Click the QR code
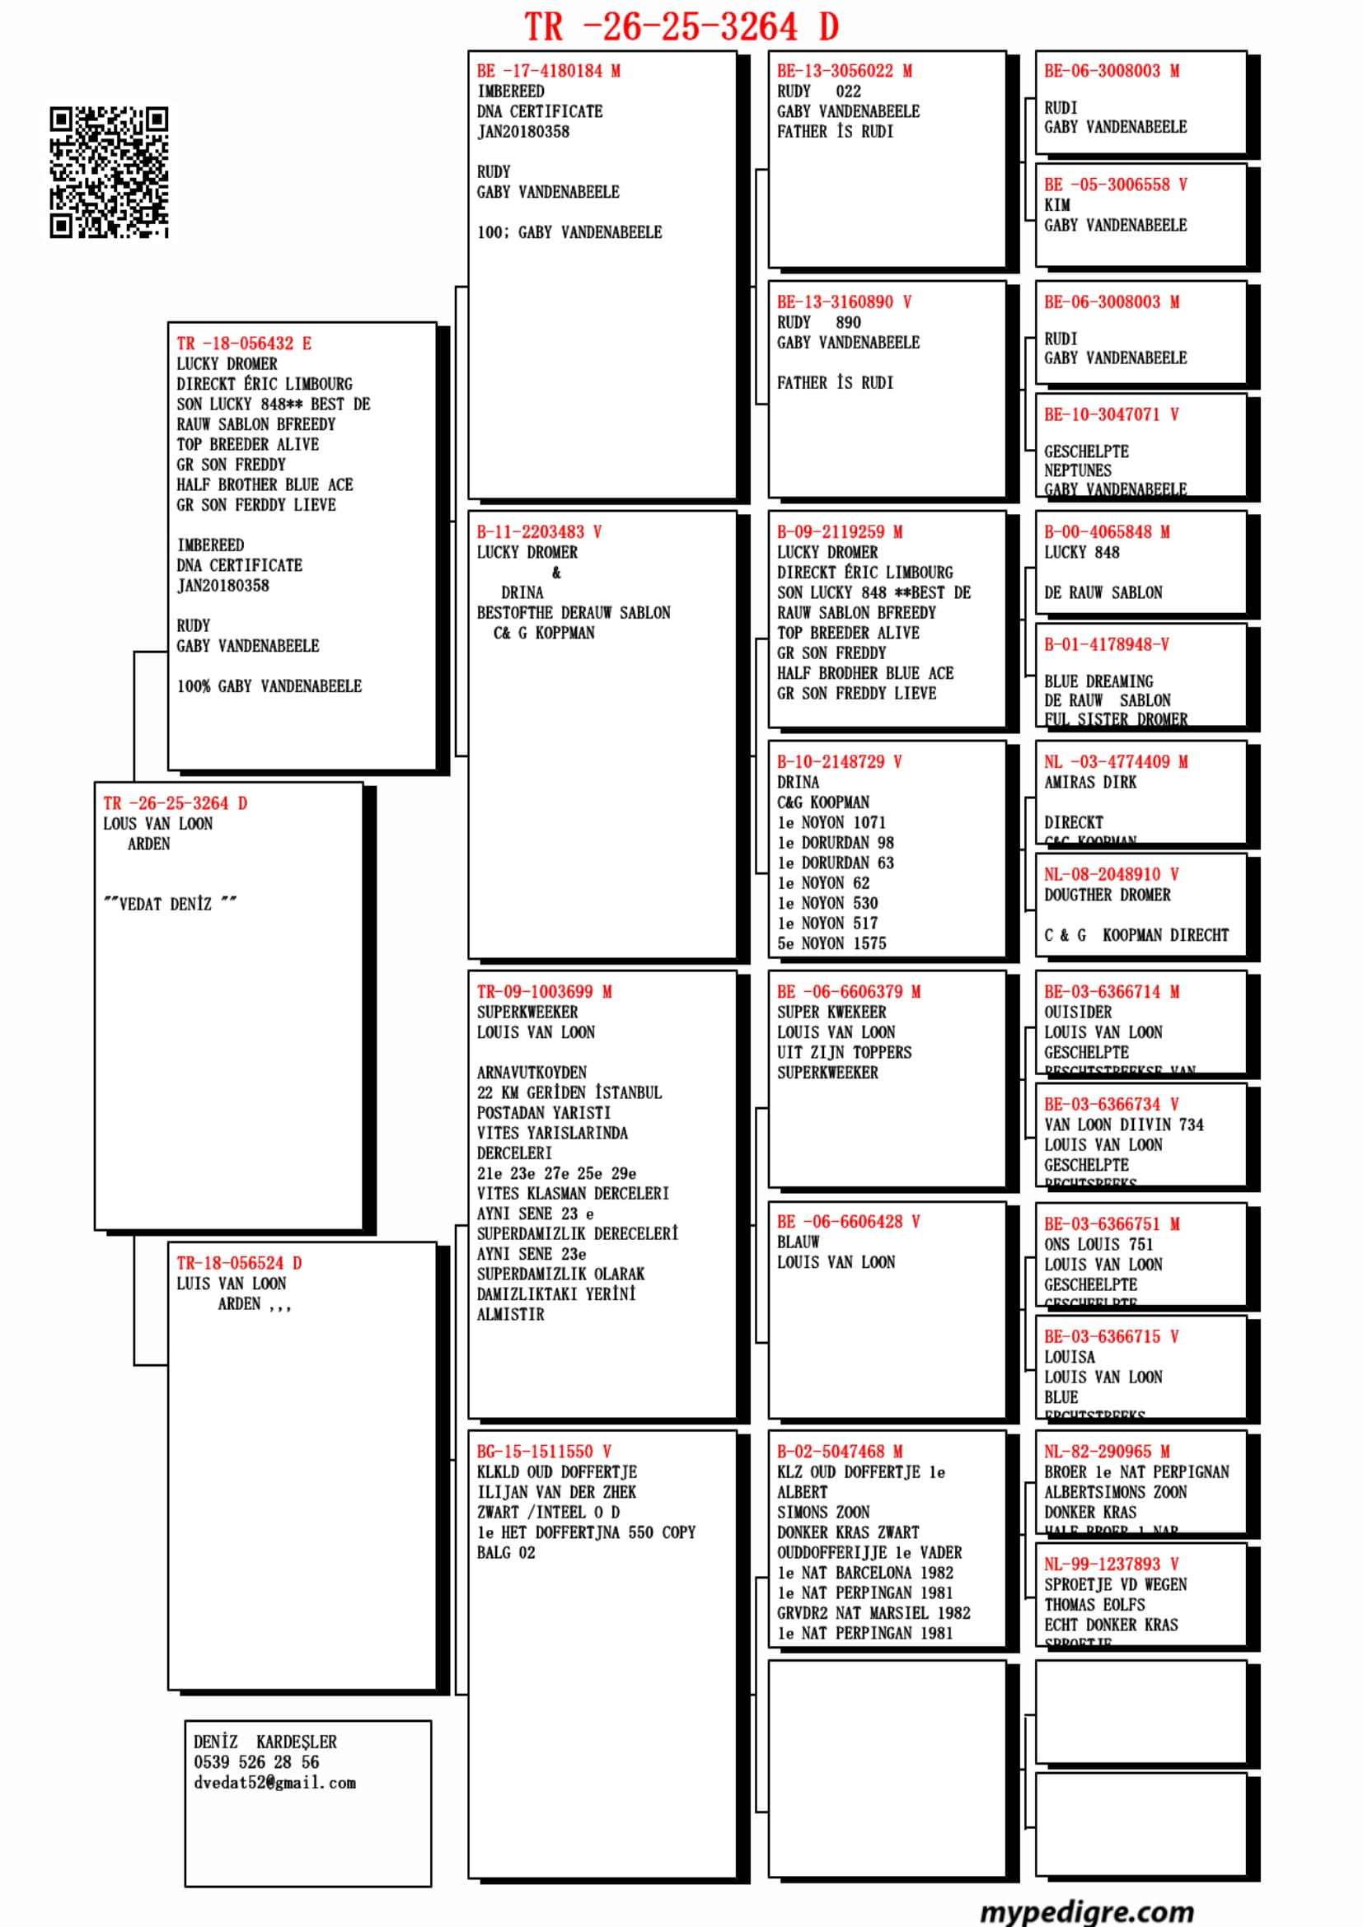pyautogui.click(x=108, y=172)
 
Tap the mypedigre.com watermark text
pyautogui.click(x=1087, y=1910)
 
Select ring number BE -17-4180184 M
pyautogui.click(x=548, y=72)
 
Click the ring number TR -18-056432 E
pyautogui.click(x=243, y=344)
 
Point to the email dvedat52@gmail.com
pyautogui.click(x=274, y=1783)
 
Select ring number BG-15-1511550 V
pyautogui.click(x=544, y=1451)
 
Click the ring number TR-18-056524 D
pyautogui.click(x=239, y=1263)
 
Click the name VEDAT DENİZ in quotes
pyautogui.click(x=170, y=904)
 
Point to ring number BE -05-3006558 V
pyautogui.click(x=1116, y=185)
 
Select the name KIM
pyautogui.click(x=1056, y=205)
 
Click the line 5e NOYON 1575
pyautogui.click(x=831, y=943)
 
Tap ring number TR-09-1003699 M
pyautogui.click(x=544, y=992)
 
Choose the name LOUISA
pyautogui.click(x=1070, y=1357)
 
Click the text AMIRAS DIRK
pyautogui.click(x=1090, y=782)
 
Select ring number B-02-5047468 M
pyautogui.click(x=839, y=1451)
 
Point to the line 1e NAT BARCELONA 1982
pyautogui.click(x=864, y=1573)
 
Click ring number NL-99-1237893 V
pyautogui.click(x=1111, y=1565)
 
